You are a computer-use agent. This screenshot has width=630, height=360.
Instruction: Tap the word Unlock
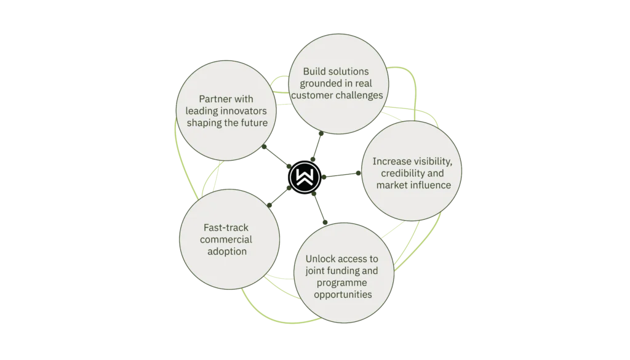(x=323, y=258)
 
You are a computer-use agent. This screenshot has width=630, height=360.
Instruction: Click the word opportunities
(x=341, y=294)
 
